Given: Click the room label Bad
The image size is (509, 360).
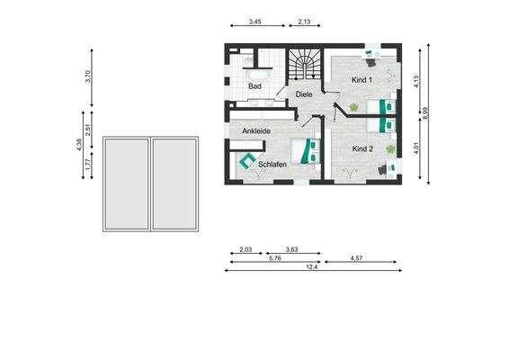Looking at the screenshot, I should pyautogui.click(x=254, y=85).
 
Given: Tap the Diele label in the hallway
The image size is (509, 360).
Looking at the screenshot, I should pyautogui.click(x=303, y=94).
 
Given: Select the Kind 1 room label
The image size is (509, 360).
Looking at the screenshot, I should pyautogui.click(x=363, y=81).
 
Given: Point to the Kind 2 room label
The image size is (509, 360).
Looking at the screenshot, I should pyautogui.click(x=363, y=148).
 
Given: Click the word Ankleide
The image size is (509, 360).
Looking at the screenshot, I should pyautogui.click(x=256, y=131).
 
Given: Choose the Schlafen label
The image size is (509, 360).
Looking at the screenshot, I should pyautogui.click(x=272, y=165).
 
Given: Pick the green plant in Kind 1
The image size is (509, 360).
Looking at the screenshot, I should pyautogui.click(x=353, y=108).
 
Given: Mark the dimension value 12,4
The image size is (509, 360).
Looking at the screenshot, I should pyautogui.click(x=312, y=267).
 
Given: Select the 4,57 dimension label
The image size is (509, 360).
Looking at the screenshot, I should pyautogui.click(x=357, y=258).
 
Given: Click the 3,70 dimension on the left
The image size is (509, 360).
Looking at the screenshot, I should pyautogui.click(x=88, y=76).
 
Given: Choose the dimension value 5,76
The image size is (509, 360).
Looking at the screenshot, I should pyautogui.click(x=275, y=258).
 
